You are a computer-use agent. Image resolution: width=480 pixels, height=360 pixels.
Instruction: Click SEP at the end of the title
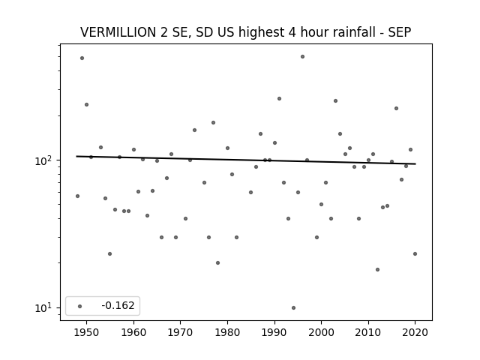click(x=400, y=32)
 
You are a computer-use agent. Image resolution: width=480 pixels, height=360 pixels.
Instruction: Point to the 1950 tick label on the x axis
click(x=87, y=332)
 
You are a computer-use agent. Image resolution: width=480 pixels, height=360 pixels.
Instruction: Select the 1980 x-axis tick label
click(x=227, y=332)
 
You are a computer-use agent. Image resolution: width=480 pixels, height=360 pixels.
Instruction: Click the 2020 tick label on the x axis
click(x=415, y=332)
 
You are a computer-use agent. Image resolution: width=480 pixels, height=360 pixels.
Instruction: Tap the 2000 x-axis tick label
click(x=321, y=332)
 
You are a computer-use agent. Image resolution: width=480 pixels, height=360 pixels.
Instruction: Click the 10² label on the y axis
click(x=45, y=160)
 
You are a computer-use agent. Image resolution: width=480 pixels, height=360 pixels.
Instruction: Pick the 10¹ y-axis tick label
click(x=45, y=307)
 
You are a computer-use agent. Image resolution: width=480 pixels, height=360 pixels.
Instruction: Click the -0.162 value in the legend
click(x=118, y=305)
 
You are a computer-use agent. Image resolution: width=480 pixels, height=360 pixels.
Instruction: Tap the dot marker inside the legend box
click(x=79, y=306)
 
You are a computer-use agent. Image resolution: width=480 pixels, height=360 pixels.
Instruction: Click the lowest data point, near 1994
click(x=293, y=307)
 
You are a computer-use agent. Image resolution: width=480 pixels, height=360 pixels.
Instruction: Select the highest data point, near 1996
click(x=302, y=57)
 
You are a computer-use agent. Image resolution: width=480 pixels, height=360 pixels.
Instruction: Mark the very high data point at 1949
click(x=82, y=58)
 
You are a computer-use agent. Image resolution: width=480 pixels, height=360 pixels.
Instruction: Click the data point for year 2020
click(x=415, y=253)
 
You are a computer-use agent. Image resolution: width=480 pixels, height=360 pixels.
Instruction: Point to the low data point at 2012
click(x=377, y=270)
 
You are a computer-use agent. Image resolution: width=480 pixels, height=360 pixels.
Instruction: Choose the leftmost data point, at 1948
click(x=77, y=196)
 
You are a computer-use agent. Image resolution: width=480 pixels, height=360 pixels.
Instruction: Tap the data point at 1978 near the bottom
click(x=218, y=263)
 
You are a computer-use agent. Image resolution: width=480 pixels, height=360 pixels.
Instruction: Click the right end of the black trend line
click(x=415, y=164)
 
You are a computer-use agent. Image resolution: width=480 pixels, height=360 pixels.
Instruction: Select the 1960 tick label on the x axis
click(x=133, y=332)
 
